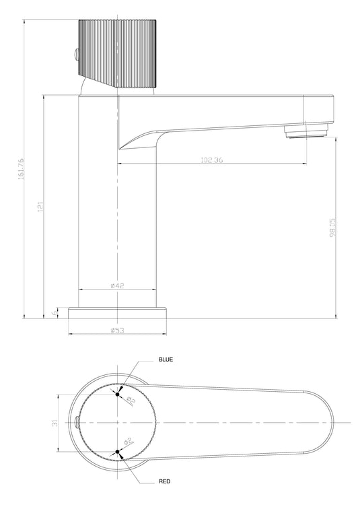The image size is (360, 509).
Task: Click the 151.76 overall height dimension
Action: coord(21,168)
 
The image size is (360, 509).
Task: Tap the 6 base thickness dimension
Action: coord(55,313)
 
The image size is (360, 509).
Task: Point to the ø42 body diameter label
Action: coord(117,285)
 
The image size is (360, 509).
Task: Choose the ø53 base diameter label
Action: coord(117,330)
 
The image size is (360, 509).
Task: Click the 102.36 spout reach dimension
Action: coord(212,160)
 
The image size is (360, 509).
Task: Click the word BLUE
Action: coord(166,360)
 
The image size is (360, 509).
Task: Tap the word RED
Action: coord(164,482)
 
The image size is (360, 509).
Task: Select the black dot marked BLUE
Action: coord(118,394)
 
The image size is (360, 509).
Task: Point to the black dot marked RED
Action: coord(118,451)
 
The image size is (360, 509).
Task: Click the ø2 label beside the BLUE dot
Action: coord(131,401)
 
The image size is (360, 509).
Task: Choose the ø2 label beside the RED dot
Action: coord(128,442)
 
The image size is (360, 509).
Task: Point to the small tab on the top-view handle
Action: coord(77,423)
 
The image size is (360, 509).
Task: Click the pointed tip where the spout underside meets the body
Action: coord(120,147)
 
